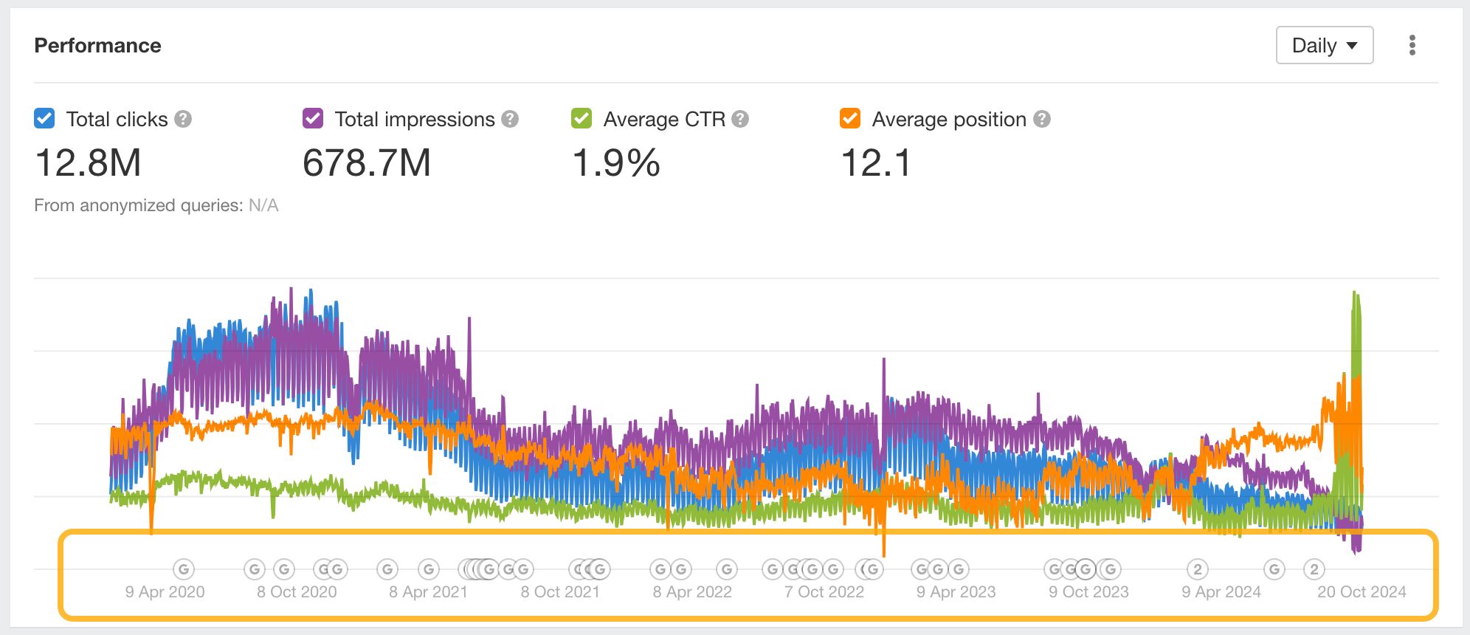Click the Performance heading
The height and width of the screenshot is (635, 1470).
coord(97,46)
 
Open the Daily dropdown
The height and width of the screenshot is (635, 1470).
coord(1324,46)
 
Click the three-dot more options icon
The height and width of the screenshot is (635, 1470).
coord(1412,46)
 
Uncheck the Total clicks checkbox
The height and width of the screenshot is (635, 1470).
coord(44,119)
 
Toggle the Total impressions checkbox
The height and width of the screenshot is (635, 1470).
coord(313,119)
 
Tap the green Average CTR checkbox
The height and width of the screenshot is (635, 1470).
coord(582,119)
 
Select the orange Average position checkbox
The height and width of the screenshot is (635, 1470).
coord(850,119)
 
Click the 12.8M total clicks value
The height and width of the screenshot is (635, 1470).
coord(88,163)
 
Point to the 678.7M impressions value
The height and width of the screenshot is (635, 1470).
coord(367,163)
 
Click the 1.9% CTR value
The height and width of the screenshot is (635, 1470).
coord(616,163)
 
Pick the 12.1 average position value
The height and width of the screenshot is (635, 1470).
coord(876,163)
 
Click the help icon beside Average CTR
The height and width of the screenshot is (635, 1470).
coord(740,119)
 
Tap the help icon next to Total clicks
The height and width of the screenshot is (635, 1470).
coord(183,119)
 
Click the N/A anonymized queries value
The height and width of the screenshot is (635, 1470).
coord(263,205)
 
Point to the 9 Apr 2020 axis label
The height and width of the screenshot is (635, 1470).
coord(165,592)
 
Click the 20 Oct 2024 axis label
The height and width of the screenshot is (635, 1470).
coord(1362,592)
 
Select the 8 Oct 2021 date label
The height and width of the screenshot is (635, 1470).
coord(560,592)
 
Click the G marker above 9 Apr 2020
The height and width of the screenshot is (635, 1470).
coord(184,569)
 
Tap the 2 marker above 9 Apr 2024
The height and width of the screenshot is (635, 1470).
coord(1198,569)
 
